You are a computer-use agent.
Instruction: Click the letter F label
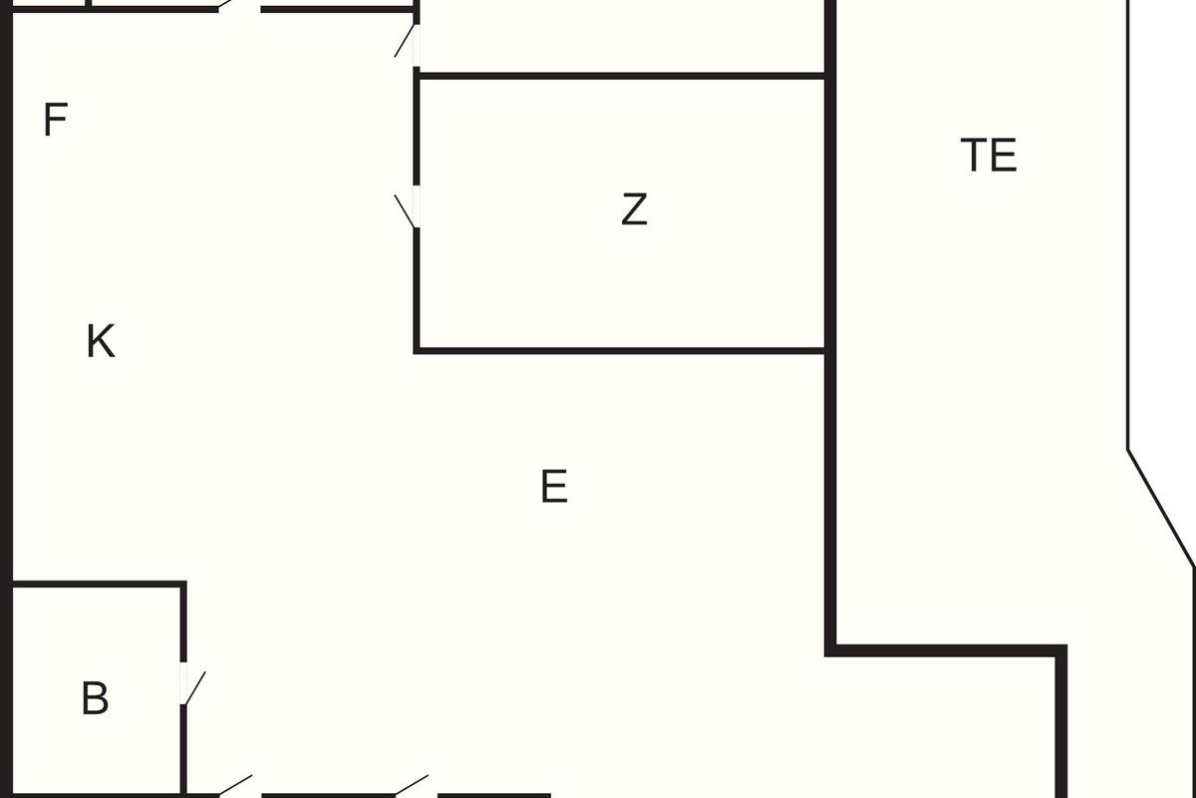55,120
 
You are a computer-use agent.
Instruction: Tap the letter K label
100,341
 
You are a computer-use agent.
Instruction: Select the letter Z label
634,209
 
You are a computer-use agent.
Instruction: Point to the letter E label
554,487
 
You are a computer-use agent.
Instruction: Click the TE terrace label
989,156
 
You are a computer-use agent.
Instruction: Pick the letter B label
95,698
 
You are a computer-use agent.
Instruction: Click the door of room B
185,684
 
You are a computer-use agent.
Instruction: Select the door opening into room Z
415,207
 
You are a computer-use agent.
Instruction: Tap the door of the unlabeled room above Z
415,44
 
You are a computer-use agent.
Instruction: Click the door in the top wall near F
239,8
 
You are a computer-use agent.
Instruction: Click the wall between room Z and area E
618,350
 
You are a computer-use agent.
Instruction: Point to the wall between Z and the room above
618,75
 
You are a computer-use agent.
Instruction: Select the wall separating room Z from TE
828,209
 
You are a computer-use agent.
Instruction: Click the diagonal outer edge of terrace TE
1161,509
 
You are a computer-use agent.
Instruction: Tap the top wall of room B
100,584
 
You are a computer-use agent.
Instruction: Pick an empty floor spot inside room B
95,638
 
